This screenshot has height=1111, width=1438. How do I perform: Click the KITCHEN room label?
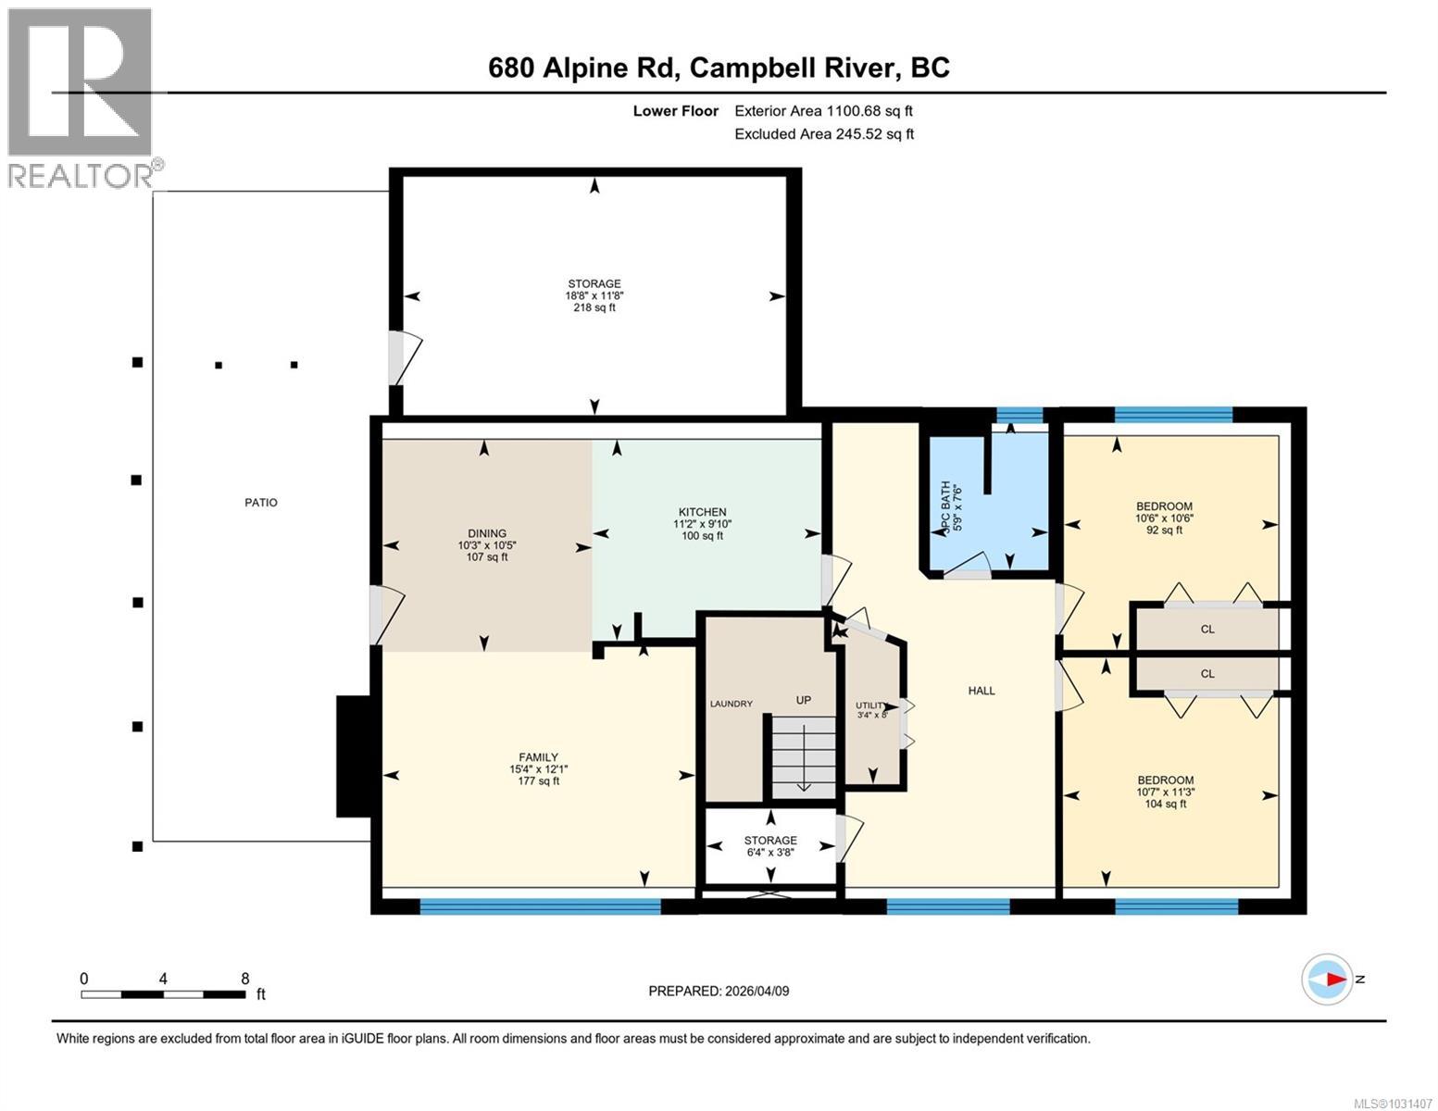[x=702, y=512]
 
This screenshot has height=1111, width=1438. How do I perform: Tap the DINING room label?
[x=487, y=533]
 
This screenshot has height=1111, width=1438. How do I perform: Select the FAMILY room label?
[x=538, y=757]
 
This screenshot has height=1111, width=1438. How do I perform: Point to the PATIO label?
[x=261, y=503]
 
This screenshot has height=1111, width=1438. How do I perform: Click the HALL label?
[x=982, y=691]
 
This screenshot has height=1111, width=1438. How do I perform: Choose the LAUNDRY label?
[x=731, y=704]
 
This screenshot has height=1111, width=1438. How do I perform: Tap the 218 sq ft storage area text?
[x=594, y=307]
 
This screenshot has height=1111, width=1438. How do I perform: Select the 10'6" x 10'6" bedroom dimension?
[x=1164, y=518]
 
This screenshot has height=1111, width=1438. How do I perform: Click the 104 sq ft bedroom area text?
[x=1165, y=805]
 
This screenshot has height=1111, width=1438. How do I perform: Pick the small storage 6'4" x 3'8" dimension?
[x=770, y=853]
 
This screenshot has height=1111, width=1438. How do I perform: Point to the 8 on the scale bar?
[x=244, y=979]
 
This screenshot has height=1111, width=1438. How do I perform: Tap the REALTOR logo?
[x=81, y=97]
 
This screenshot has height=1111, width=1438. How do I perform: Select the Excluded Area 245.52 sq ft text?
[x=824, y=134]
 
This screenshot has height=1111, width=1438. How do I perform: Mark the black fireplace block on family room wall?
[x=353, y=756]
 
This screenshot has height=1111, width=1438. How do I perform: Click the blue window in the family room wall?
[x=540, y=906]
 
